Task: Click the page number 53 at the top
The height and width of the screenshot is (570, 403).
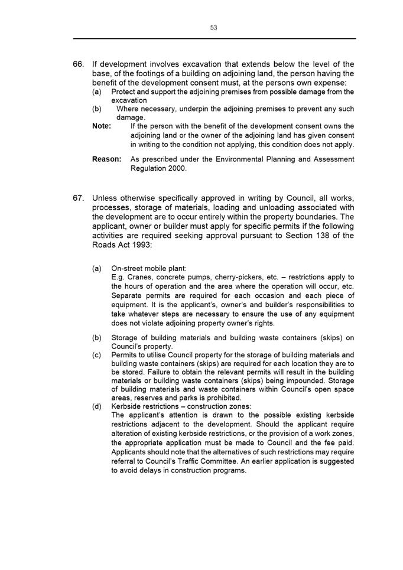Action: [x=213, y=27]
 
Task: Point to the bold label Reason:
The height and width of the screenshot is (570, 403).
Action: [x=107, y=159]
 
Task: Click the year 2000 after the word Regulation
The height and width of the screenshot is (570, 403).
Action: [x=177, y=168]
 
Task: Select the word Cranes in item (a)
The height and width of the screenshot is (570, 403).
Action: [x=140, y=278]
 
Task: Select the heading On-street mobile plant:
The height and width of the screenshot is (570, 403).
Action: [x=149, y=269]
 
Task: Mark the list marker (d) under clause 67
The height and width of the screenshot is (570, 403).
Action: [x=97, y=407]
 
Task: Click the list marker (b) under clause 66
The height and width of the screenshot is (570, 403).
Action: [x=97, y=109]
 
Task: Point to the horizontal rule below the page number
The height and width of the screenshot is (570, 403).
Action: [x=214, y=39]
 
